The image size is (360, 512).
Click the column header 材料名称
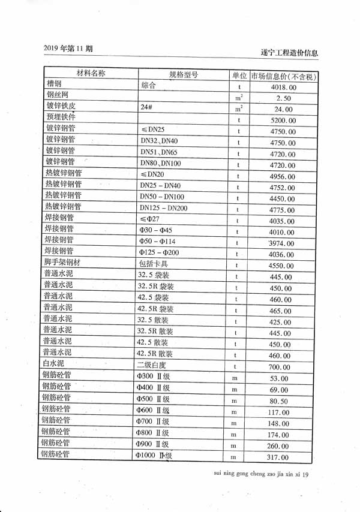coord(91,74)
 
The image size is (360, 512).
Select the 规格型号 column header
coord(184,75)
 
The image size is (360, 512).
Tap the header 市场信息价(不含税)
coord(283,77)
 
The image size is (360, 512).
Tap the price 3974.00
coord(281,243)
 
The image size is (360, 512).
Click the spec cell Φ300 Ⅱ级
coord(153,377)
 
